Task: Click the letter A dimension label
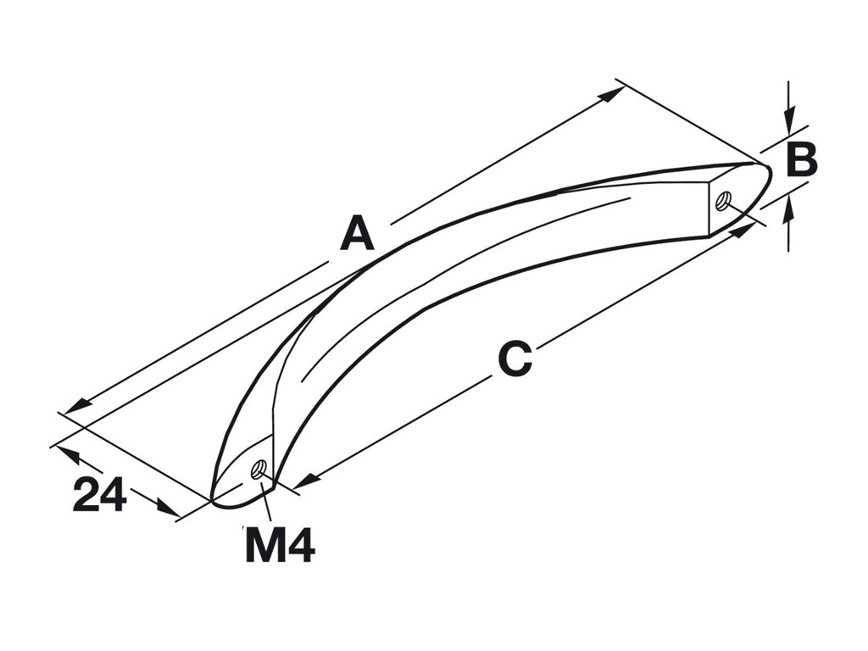[x=357, y=234]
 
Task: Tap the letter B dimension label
[x=801, y=160]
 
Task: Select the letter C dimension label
[x=515, y=359]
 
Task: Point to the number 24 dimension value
[x=99, y=495]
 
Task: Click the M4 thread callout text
[x=280, y=545]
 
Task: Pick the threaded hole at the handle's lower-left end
[x=259, y=468]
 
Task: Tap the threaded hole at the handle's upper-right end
[x=722, y=201]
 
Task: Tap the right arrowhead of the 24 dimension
[x=169, y=510]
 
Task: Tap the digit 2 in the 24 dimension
[x=86, y=495]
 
